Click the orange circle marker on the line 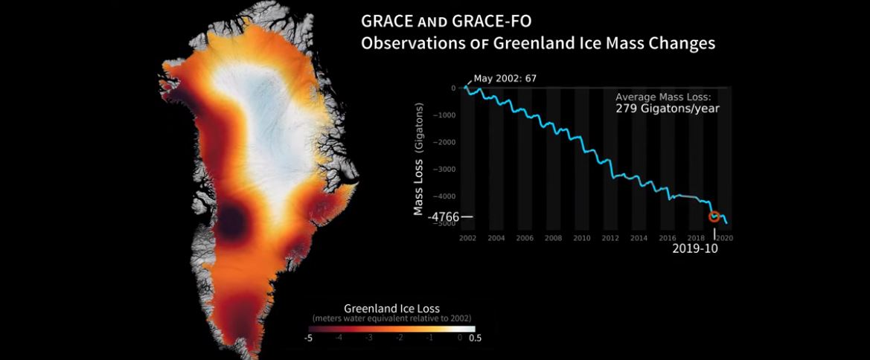[714, 216]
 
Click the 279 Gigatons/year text [668, 109]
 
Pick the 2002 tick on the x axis [467, 238]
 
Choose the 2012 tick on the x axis [610, 238]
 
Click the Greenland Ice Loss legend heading [391, 308]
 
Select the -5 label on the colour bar [308, 337]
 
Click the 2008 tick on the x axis [553, 238]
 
